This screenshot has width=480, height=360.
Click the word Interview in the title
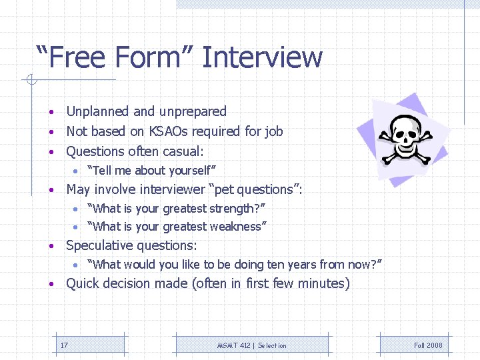pyautogui.click(x=262, y=57)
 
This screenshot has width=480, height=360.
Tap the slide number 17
pyautogui.click(x=64, y=345)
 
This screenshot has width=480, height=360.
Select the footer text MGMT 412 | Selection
pyautogui.click(x=252, y=345)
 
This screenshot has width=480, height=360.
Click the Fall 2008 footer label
pyautogui.click(x=428, y=345)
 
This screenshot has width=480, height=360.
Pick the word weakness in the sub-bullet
pyautogui.click(x=235, y=227)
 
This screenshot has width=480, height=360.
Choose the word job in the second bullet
pyautogui.click(x=274, y=131)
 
